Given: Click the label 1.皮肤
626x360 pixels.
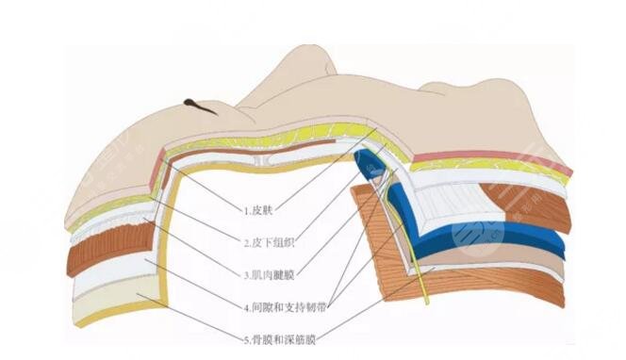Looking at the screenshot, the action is pyautogui.click(x=258, y=210).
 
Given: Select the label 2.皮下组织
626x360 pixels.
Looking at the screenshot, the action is pyautogui.click(x=269, y=242).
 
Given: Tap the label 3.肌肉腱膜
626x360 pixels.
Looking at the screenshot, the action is pyautogui.click(x=269, y=275).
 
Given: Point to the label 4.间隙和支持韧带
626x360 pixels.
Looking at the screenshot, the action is pyautogui.click(x=285, y=308).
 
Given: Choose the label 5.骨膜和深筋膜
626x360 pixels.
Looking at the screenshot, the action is pyautogui.click(x=280, y=340).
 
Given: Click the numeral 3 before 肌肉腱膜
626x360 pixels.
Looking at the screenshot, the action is pyautogui.click(x=246, y=275).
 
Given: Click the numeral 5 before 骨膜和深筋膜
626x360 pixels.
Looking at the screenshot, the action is pyautogui.click(x=246, y=340).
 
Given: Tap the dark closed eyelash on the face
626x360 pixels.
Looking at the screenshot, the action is pyautogui.click(x=201, y=106).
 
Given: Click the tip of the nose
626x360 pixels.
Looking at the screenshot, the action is pyautogui.click(x=315, y=51).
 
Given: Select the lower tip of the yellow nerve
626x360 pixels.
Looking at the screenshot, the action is pyautogui.click(x=428, y=303).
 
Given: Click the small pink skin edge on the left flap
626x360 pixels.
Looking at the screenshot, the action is pyautogui.click(x=156, y=170).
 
